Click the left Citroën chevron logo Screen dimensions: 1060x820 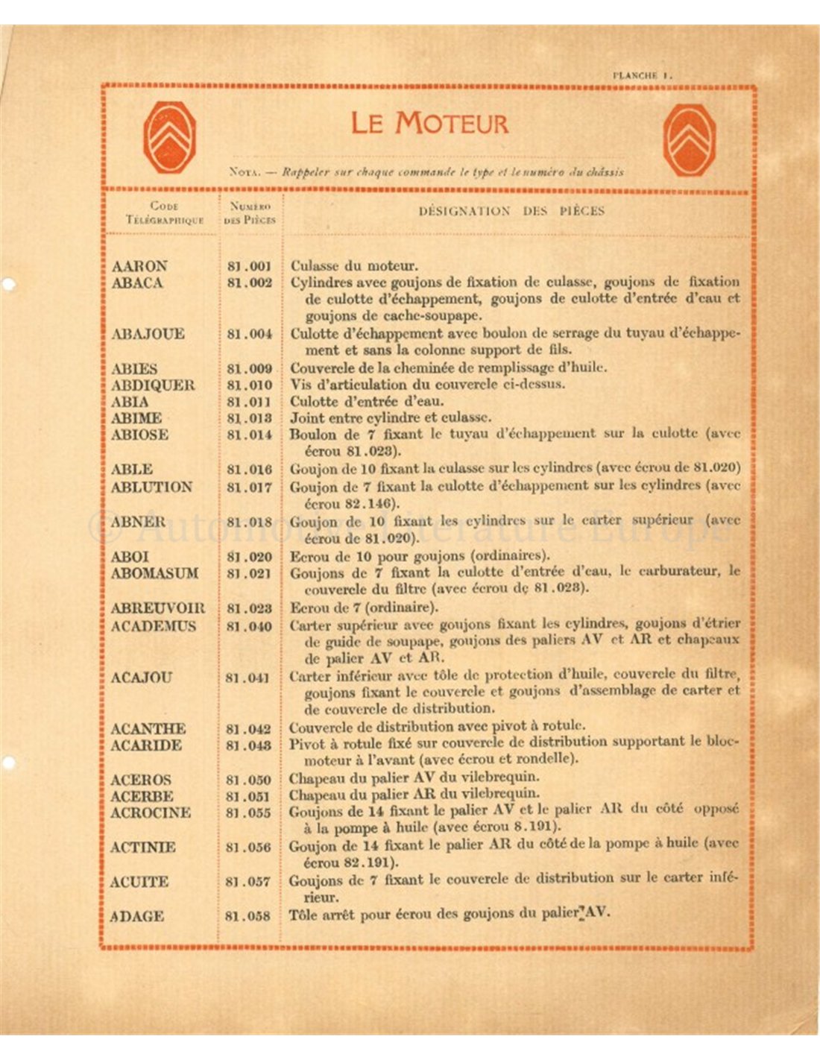pyautogui.click(x=170, y=137)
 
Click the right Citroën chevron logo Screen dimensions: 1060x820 pyautogui.click(x=690, y=140)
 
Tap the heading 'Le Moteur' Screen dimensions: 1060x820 pyautogui.click(x=429, y=123)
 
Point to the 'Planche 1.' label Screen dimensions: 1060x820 pyautogui.click(x=643, y=75)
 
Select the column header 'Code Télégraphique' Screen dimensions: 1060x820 pyautogui.click(x=165, y=212)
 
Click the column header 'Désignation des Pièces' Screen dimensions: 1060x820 pyautogui.click(x=511, y=211)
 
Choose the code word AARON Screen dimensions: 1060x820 pyautogui.click(x=139, y=266)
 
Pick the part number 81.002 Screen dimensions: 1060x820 pyautogui.click(x=250, y=283)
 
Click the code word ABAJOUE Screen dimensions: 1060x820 pyautogui.click(x=148, y=334)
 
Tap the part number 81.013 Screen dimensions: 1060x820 pyautogui.click(x=250, y=418)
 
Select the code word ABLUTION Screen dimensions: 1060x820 pyautogui.click(x=151, y=488)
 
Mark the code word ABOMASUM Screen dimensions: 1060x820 pyautogui.click(x=154, y=573)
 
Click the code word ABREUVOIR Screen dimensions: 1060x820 pyautogui.click(x=157, y=608)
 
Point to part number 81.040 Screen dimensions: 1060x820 pyautogui.click(x=249, y=626)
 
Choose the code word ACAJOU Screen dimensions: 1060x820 pyautogui.click(x=141, y=678)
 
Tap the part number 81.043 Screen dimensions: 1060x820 pyautogui.click(x=248, y=745)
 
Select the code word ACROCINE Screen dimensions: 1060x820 pyautogui.click(x=151, y=813)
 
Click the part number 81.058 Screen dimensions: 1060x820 pyautogui.click(x=247, y=916)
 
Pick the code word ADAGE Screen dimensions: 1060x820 pyautogui.click(x=136, y=916)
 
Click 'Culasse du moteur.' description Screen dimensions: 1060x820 pyautogui.click(x=354, y=266)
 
